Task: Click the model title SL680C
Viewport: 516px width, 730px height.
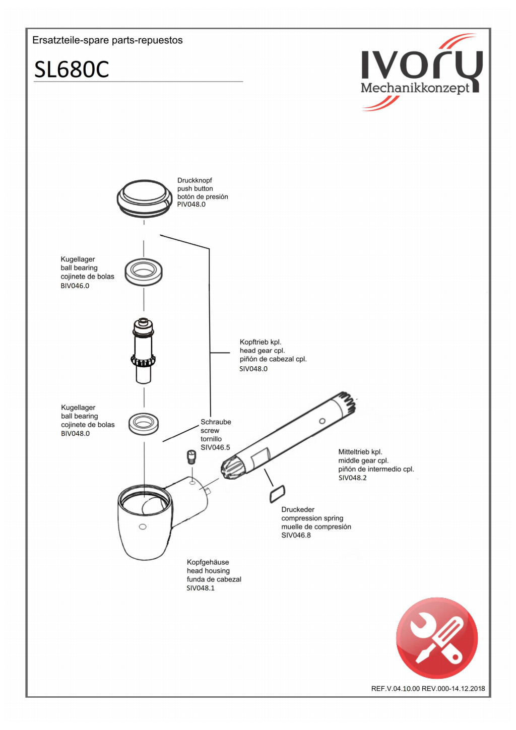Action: tap(72, 70)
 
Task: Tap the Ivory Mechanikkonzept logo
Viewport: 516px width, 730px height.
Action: tap(421, 73)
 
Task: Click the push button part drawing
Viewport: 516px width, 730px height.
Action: tap(145, 198)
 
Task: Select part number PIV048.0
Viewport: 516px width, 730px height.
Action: tap(191, 205)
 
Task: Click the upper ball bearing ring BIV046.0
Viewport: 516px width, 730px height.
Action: tap(144, 272)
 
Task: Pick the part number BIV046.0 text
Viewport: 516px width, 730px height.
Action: tap(75, 286)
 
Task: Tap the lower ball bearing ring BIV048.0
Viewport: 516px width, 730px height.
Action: tap(144, 423)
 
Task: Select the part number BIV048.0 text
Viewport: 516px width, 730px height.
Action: tap(76, 433)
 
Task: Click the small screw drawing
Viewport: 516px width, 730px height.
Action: tap(191, 456)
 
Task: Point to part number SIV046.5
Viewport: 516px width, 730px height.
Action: tap(215, 447)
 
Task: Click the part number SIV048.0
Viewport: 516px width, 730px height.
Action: tap(253, 369)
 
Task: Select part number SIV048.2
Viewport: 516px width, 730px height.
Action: tap(353, 478)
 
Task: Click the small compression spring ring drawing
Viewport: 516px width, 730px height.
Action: tap(277, 493)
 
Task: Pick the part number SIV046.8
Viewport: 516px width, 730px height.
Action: tap(296, 535)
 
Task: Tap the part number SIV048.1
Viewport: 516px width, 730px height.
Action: tap(201, 588)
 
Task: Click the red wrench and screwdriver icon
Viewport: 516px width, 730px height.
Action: tap(437, 638)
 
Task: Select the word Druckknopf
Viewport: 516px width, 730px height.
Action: tap(195, 180)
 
